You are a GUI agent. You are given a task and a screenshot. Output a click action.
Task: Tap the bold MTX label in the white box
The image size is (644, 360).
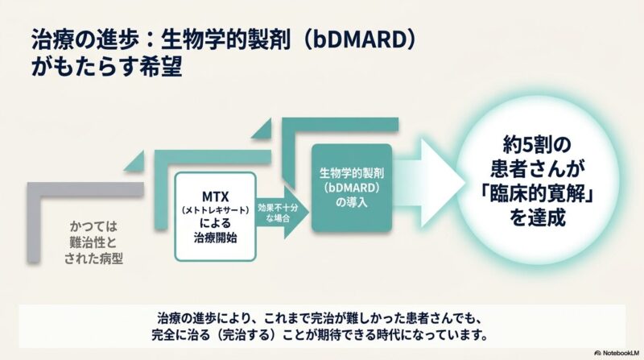click(215, 197)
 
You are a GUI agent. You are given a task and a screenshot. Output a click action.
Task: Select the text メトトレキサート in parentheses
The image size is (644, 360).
click(215, 210)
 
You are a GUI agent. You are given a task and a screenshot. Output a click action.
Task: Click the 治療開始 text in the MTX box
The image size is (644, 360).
click(215, 238)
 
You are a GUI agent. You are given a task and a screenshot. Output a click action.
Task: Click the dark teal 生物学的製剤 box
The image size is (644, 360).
click(352, 188)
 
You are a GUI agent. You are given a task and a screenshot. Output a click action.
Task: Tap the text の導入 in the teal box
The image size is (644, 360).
click(352, 203)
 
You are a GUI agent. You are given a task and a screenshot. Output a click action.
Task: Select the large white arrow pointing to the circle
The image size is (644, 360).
click(429, 183)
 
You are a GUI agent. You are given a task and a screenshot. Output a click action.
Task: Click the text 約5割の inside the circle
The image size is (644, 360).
click(537, 145)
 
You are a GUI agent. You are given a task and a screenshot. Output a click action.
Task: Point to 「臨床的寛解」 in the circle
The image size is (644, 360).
click(537, 193)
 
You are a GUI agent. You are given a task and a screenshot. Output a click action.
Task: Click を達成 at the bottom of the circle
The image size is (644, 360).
click(537, 217)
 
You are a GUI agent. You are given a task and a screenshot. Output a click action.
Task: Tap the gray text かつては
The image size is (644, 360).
click(93, 226)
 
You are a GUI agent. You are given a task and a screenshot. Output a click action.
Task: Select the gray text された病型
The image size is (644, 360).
click(93, 259)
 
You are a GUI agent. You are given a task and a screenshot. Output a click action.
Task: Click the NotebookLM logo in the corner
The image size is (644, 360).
click(617, 353)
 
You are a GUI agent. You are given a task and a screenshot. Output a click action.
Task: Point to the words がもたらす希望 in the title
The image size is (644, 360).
click(107, 67)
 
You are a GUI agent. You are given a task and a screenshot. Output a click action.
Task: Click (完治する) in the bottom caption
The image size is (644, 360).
click(246, 335)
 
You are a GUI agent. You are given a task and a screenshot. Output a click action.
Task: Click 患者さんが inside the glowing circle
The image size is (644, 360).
click(537, 169)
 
